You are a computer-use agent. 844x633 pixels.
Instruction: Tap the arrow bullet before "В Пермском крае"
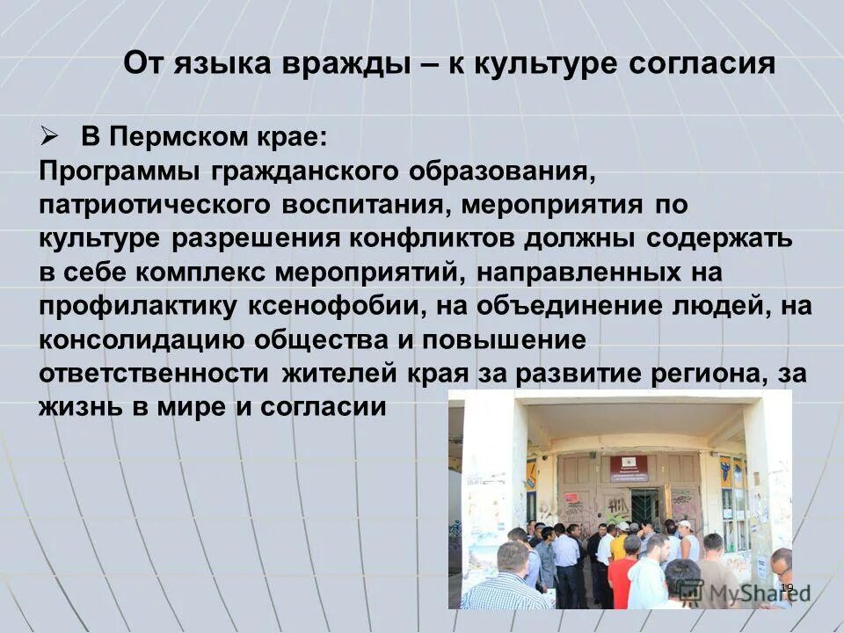pos(49,137)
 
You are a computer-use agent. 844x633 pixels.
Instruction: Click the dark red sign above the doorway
pos(628,467)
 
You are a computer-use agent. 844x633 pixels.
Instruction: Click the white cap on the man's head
pos(684,525)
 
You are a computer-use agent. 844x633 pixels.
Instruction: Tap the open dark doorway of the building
pos(645,505)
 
